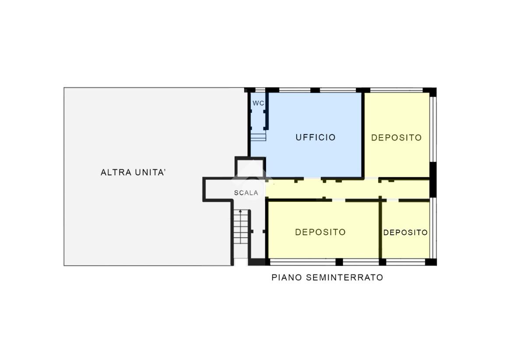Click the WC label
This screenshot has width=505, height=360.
258,103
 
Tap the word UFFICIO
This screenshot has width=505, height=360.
316,137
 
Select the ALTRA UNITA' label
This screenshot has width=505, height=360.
133,173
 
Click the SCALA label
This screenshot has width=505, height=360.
246,193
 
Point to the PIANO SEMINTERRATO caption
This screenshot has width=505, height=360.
327,277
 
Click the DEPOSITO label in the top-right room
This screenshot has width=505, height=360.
396,138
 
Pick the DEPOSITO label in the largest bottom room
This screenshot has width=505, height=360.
320,232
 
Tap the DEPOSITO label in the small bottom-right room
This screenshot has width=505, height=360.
406,233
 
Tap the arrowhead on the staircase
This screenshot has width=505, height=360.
240,212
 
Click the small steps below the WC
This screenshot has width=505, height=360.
259,137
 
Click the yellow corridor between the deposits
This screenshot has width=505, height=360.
348,190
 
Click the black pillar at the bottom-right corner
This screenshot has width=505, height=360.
431,262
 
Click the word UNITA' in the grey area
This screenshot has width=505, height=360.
151,173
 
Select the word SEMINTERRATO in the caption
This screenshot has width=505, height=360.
344,277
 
